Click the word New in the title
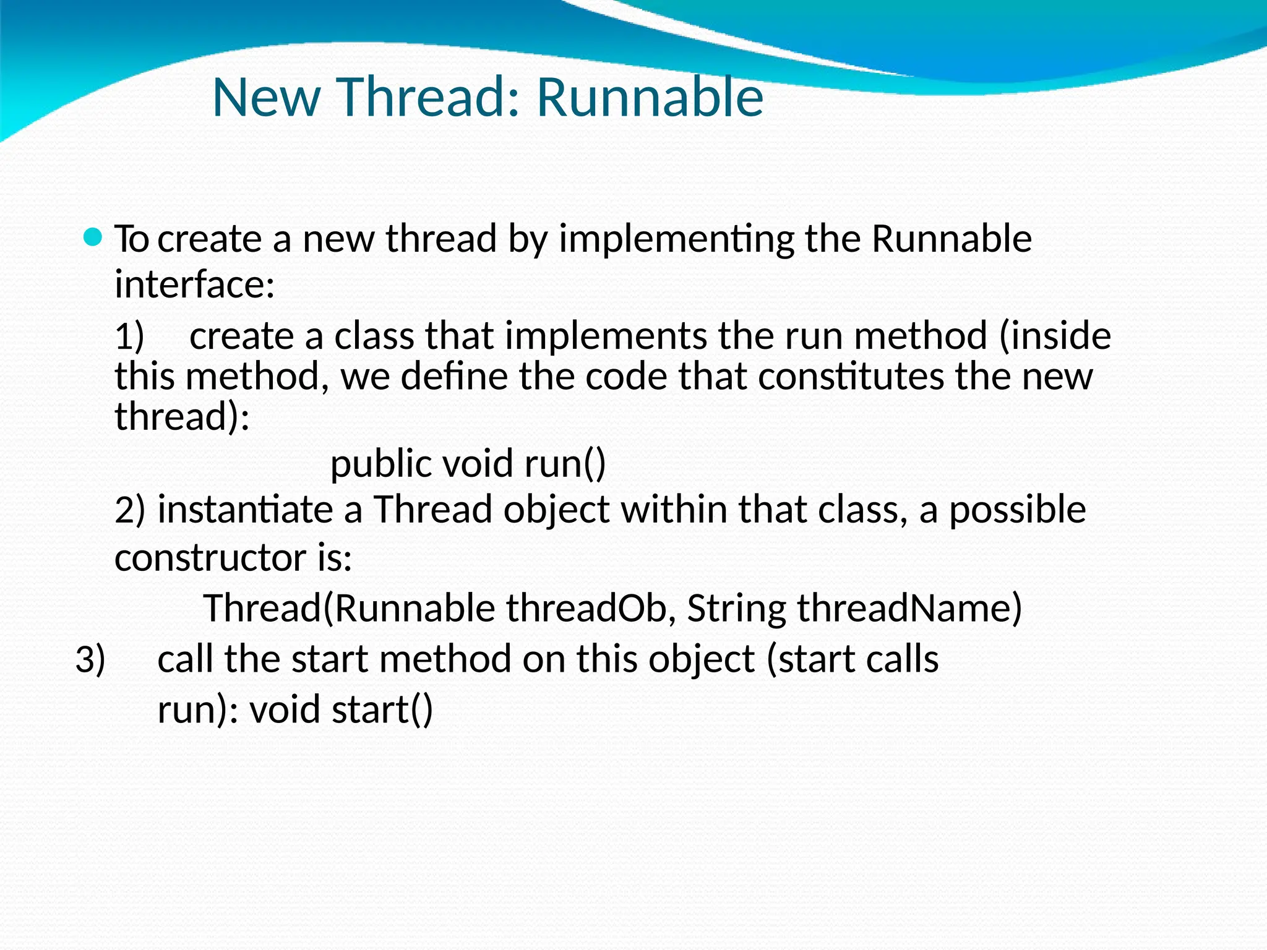[x=266, y=97]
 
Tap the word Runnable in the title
[x=650, y=97]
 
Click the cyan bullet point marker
[x=92, y=237]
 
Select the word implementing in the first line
[x=676, y=239]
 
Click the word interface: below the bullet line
[x=195, y=285]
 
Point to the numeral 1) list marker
[x=129, y=337]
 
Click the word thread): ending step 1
[x=183, y=417]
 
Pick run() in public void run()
[x=565, y=464]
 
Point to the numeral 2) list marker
[x=130, y=510]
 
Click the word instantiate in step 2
[x=246, y=510]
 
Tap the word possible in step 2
[x=1017, y=510]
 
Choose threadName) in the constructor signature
[x=909, y=609]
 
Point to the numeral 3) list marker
[x=90, y=660]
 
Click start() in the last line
[x=382, y=710]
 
